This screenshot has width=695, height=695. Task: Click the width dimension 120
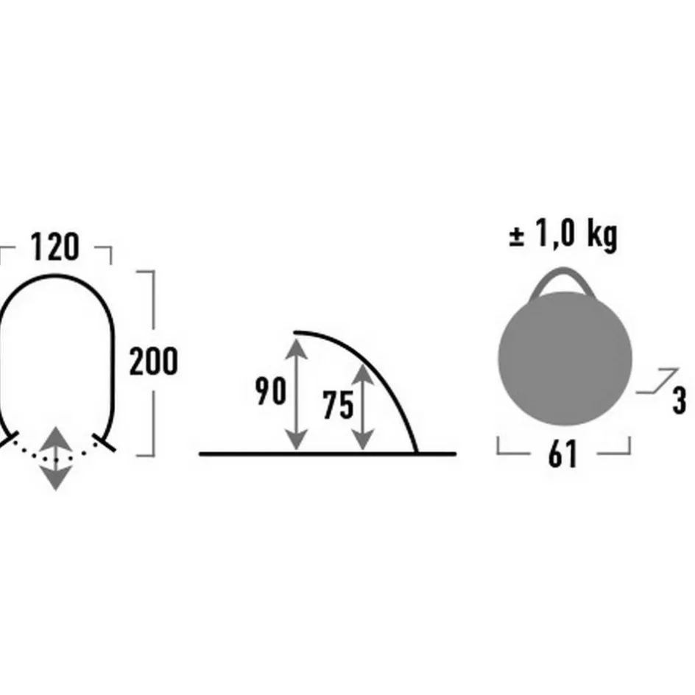[55, 247]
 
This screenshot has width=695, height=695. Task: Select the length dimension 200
[153, 361]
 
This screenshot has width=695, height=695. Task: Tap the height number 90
[270, 391]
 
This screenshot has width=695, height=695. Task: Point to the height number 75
[338, 405]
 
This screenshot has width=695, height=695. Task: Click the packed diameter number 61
[563, 454]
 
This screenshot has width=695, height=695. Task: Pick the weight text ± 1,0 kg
[563, 235]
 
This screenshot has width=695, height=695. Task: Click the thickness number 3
[680, 401]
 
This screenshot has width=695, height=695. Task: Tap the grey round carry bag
[565, 358]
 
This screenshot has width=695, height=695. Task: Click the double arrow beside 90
[296, 394]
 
